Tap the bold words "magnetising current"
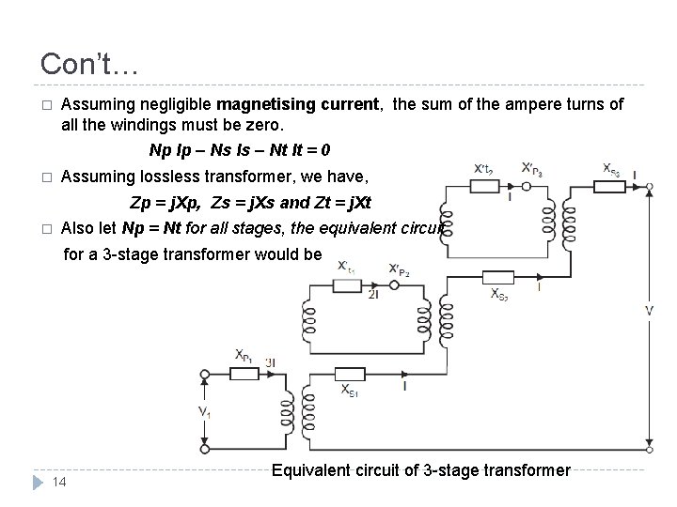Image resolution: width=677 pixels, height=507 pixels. [297, 105]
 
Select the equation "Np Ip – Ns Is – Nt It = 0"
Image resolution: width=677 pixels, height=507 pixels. [239, 150]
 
